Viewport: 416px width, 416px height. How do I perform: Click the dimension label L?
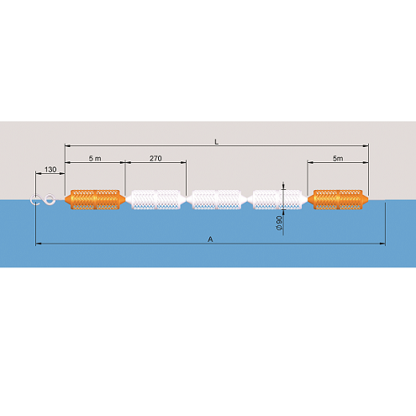click(x=216, y=142)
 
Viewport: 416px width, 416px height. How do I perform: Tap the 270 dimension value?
click(x=155, y=158)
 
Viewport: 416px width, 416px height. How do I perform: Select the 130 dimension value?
click(x=50, y=170)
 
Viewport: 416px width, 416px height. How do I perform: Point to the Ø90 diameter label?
click(x=279, y=223)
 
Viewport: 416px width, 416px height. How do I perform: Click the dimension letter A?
click(x=210, y=240)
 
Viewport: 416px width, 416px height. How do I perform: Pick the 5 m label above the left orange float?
click(x=95, y=158)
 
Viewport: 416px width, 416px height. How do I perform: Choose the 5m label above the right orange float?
click(x=338, y=158)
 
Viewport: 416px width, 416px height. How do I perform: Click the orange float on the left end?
click(x=95, y=199)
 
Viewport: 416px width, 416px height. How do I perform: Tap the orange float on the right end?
click(x=338, y=199)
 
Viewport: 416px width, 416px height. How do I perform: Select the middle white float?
click(x=217, y=199)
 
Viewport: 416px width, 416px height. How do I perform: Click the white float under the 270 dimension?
click(x=155, y=199)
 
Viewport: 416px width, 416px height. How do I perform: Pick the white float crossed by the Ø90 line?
click(x=277, y=199)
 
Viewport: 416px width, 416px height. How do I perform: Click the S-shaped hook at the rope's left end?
click(x=43, y=199)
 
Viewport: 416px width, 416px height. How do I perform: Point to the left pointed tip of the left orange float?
click(x=65, y=199)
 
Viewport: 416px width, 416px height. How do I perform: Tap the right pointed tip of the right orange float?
click(x=368, y=199)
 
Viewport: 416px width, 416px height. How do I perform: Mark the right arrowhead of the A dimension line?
click(x=382, y=244)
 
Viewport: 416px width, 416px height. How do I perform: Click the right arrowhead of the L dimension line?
click(x=366, y=145)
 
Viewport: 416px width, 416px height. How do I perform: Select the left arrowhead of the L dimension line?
click(x=68, y=145)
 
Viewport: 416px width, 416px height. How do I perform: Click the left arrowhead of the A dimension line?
click(x=39, y=244)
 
